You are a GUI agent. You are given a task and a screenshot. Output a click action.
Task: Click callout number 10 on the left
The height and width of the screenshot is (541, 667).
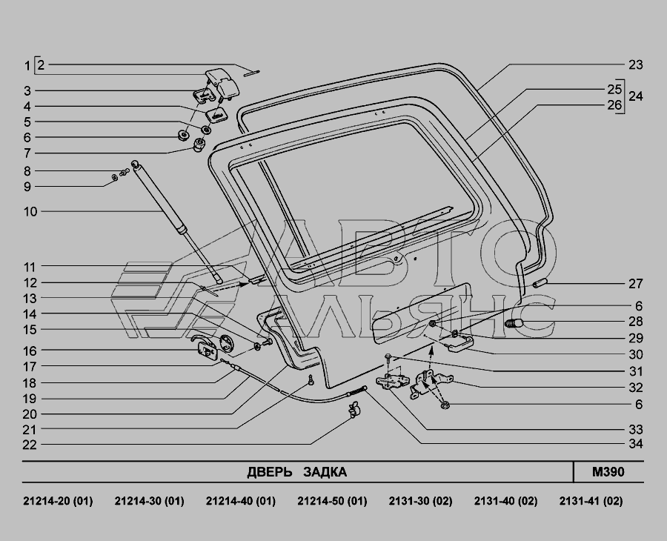click(x=30, y=212)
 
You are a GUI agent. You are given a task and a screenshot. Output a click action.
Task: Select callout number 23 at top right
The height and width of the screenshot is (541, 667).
click(x=634, y=64)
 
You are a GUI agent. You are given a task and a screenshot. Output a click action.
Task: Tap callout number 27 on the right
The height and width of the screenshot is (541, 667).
click(x=634, y=284)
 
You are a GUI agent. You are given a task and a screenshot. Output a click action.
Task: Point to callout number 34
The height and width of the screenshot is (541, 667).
click(x=634, y=444)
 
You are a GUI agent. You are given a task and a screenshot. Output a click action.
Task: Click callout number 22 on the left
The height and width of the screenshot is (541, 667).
click(x=30, y=445)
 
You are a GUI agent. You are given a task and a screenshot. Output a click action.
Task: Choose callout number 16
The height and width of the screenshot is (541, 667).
click(x=30, y=351)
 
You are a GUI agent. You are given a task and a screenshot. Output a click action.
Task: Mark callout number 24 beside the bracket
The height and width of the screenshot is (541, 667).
click(x=636, y=96)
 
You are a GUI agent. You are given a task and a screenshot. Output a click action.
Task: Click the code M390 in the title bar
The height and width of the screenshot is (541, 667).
click(x=608, y=472)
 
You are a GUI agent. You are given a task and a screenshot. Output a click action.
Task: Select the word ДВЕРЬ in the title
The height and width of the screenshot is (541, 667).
click(x=269, y=472)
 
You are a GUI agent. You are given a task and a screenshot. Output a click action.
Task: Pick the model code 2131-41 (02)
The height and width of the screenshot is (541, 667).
click(x=591, y=501)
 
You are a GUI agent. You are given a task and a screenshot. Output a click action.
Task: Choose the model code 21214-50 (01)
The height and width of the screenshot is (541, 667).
click(x=332, y=501)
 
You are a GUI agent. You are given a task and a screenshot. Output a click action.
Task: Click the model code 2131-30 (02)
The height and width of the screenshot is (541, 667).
click(x=420, y=501)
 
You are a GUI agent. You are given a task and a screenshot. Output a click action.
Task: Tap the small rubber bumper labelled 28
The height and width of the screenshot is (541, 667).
click(x=514, y=324)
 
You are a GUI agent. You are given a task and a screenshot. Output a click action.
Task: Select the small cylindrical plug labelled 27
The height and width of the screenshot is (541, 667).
click(x=539, y=284)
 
